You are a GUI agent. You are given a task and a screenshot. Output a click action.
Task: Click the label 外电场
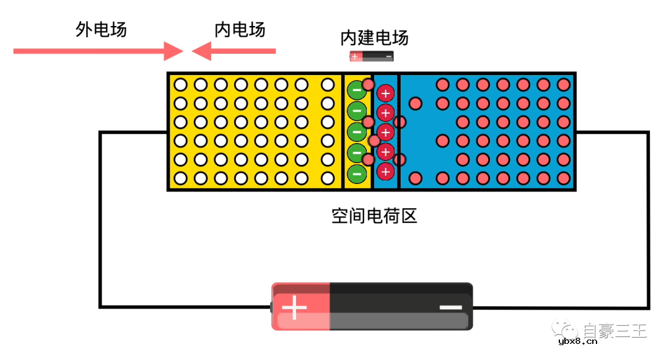pyautogui.click(x=101, y=30)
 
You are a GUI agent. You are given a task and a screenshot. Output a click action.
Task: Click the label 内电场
pyautogui.click(x=240, y=30)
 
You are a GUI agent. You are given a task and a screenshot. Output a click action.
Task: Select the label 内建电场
pyautogui.click(x=374, y=38)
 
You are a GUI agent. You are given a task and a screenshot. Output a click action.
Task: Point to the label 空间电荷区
pyautogui.click(x=374, y=216)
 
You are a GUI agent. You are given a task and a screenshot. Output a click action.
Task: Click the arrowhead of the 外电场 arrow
pyautogui.click(x=173, y=51)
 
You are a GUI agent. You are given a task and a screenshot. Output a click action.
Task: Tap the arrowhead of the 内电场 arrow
pyautogui.click(x=201, y=51)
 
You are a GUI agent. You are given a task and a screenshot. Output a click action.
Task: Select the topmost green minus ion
pyautogui.click(x=357, y=90)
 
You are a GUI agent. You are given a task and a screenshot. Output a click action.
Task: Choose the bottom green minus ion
pyautogui.click(x=357, y=173)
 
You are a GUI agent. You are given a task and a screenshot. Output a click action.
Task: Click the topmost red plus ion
pyautogui.click(x=385, y=94)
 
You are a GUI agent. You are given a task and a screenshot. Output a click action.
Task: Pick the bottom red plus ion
pyautogui.click(x=385, y=170)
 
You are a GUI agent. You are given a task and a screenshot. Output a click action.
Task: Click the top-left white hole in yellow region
pyautogui.click(x=180, y=84)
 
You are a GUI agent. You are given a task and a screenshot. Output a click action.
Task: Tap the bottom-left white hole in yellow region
pyautogui.click(x=180, y=178)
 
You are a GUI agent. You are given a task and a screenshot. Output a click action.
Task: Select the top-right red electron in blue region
pyautogui.click(x=563, y=84)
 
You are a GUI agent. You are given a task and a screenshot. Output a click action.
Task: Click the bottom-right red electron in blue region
pyautogui.click(x=563, y=178)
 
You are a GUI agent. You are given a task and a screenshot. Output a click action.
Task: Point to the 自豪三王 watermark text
pyautogui.click(x=614, y=331)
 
